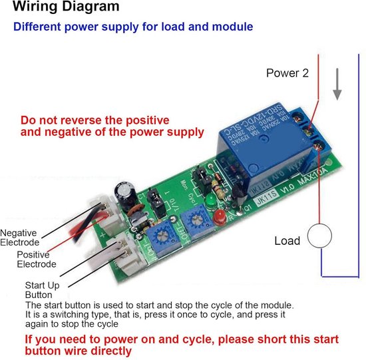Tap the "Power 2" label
(x=287, y=74)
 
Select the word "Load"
(x=287, y=240)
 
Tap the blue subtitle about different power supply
(x=133, y=27)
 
